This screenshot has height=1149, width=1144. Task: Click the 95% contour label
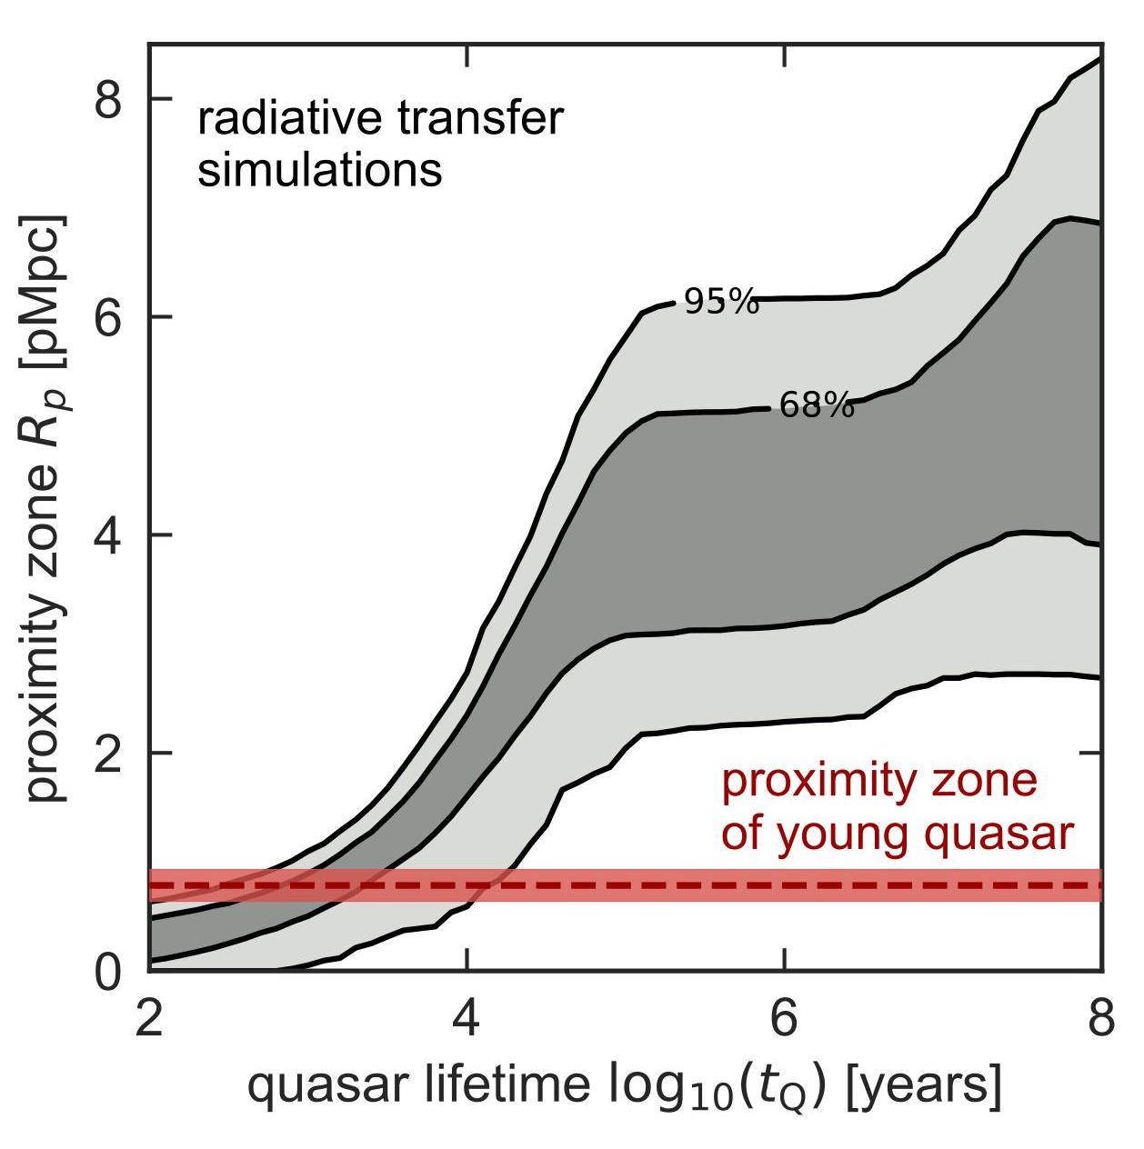tap(721, 302)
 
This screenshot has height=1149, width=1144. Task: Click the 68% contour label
tap(817, 406)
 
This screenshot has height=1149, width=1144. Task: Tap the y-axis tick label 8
tap(108, 100)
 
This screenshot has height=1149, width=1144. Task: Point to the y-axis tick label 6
tap(108, 317)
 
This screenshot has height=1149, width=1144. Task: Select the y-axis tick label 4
tap(108, 535)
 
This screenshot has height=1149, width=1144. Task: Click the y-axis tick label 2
tap(108, 754)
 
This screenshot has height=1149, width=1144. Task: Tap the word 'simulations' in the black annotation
tap(320, 171)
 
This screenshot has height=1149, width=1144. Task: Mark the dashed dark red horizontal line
tap(637, 884)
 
